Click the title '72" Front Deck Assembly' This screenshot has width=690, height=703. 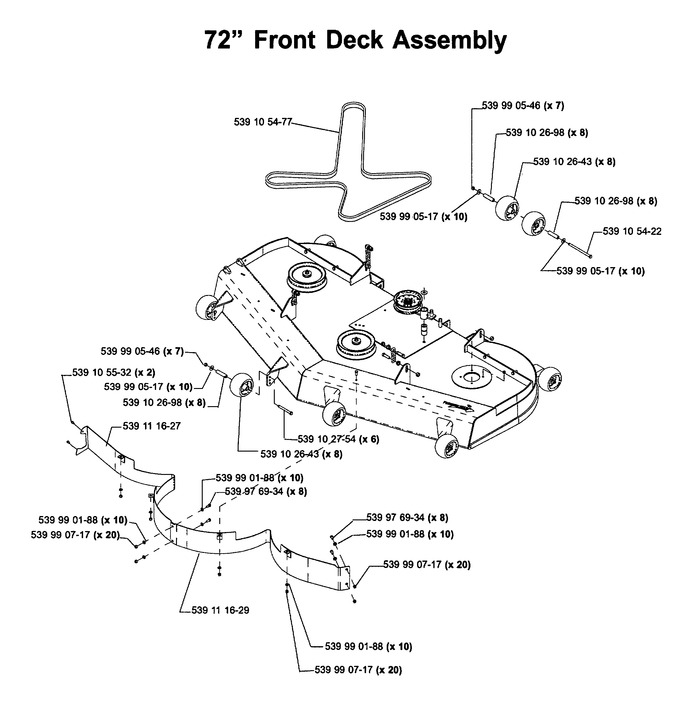click(355, 40)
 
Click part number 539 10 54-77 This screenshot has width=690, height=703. click(263, 122)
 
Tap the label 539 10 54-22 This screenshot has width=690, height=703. click(632, 231)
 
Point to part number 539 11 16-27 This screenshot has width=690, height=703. click(151, 426)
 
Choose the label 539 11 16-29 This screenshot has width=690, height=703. click(220, 610)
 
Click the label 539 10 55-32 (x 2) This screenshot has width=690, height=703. click(114, 373)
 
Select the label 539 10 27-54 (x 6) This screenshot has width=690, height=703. click(339, 439)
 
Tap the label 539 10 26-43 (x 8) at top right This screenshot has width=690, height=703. click(574, 161)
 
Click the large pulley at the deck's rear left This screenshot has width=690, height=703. click(307, 277)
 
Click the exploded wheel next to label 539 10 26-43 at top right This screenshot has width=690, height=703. click(507, 208)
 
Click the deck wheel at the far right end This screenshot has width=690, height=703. click(550, 379)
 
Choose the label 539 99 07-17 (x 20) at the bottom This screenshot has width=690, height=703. click(358, 670)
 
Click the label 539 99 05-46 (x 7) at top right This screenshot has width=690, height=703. click(523, 106)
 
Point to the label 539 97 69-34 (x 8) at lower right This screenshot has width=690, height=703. click(407, 517)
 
